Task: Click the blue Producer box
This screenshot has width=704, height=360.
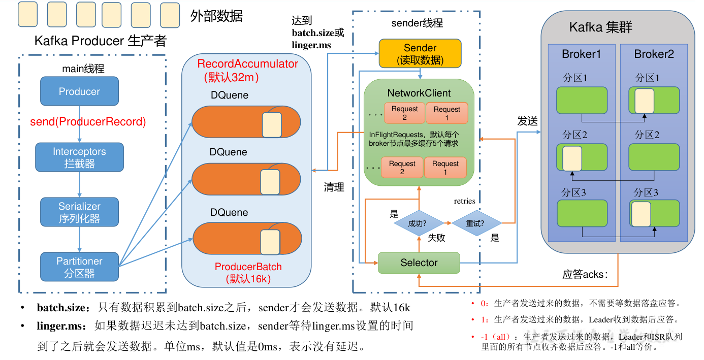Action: click(79, 91)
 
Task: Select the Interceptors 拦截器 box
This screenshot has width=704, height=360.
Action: click(79, 157)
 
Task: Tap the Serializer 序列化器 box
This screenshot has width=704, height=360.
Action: click(79, 212)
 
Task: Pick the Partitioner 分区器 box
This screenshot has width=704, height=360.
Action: click(79, 267)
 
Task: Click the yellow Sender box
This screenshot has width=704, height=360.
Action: click(420, 54)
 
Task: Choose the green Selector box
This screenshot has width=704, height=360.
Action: click(419, 263)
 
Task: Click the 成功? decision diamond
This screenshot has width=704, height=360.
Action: click(418, 223)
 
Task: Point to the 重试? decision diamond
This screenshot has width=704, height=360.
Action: click(475, 223)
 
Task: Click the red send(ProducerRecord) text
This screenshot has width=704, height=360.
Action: click(88, 122)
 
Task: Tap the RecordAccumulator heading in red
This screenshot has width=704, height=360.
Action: click(248, 64)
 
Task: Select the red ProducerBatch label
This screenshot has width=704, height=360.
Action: click(248, 267)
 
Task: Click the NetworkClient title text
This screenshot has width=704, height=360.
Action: click(419, 93)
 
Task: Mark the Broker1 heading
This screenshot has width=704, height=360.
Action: click(581, 54)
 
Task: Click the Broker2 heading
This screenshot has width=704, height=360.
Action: click(654, 54)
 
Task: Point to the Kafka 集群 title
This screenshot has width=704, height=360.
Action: click(600, 27)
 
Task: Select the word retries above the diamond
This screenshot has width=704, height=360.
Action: click(464, 201)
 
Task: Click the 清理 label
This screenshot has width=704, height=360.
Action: click(334, 187)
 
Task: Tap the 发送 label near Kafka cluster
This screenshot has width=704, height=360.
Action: click(528, 121)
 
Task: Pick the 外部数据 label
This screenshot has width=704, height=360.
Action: click(216, 16)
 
